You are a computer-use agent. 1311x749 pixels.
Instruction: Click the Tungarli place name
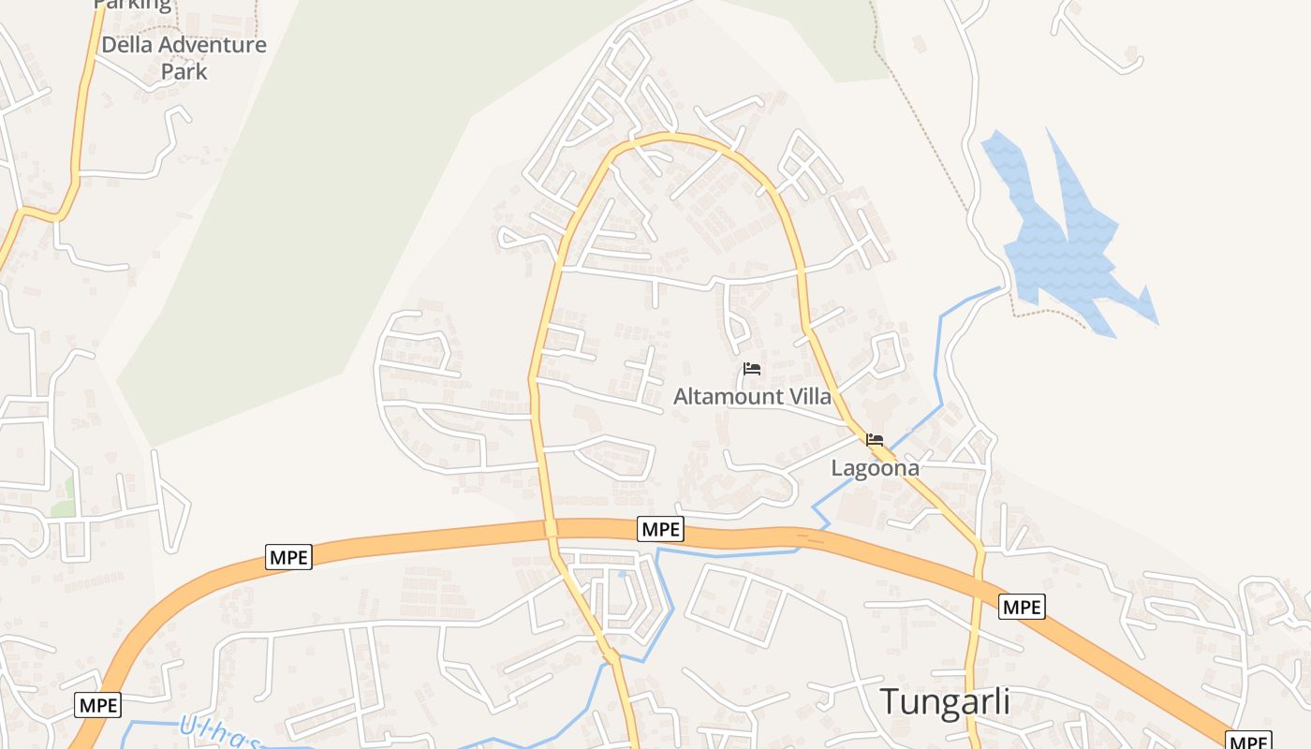[x=945, y=701]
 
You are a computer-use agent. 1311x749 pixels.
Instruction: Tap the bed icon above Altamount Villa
[x=751, y=369]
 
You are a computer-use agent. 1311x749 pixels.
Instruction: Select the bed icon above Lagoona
[x=875, y=439]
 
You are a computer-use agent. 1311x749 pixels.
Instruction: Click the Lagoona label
[x=875, y=468]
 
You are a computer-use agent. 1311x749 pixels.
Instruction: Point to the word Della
[x=129, y=45]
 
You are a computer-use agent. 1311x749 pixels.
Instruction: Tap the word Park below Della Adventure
[x=184, y=71]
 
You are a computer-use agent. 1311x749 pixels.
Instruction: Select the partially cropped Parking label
[x=133, y=6]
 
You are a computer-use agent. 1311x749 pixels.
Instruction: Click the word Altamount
[x=727, y=397]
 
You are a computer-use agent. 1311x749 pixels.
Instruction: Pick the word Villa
[x=808, y=397]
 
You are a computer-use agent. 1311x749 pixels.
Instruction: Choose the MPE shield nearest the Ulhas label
[x=98, y=705]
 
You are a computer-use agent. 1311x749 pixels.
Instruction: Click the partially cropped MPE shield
[x=1249, y=741]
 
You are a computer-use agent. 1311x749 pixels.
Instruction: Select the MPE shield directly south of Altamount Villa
[x=661, y=529]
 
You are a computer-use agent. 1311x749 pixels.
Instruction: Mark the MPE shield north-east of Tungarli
[x=1022, y=607]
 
